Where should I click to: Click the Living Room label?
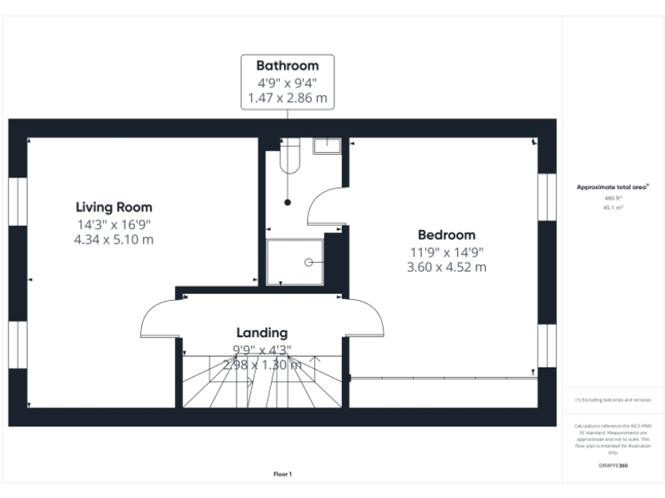(113, 207)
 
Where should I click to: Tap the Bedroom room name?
(446, 235)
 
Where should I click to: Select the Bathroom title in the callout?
(287, 66)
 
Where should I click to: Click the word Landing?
(261, 333)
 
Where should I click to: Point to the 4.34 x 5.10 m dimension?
(113, 239)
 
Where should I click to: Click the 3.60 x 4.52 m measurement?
(446, 267)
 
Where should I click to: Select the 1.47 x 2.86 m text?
(287, 99)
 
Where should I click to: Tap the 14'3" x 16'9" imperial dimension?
(113, 224)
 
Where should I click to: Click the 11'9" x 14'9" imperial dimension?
(446, 252)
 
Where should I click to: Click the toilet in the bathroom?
(289, 156)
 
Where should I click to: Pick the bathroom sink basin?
(326, 144)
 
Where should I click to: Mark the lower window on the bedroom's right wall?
(546, 350)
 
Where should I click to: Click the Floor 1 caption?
(282, 474)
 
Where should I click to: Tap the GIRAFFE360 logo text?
(612, 466)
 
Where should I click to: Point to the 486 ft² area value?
(612, 198)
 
